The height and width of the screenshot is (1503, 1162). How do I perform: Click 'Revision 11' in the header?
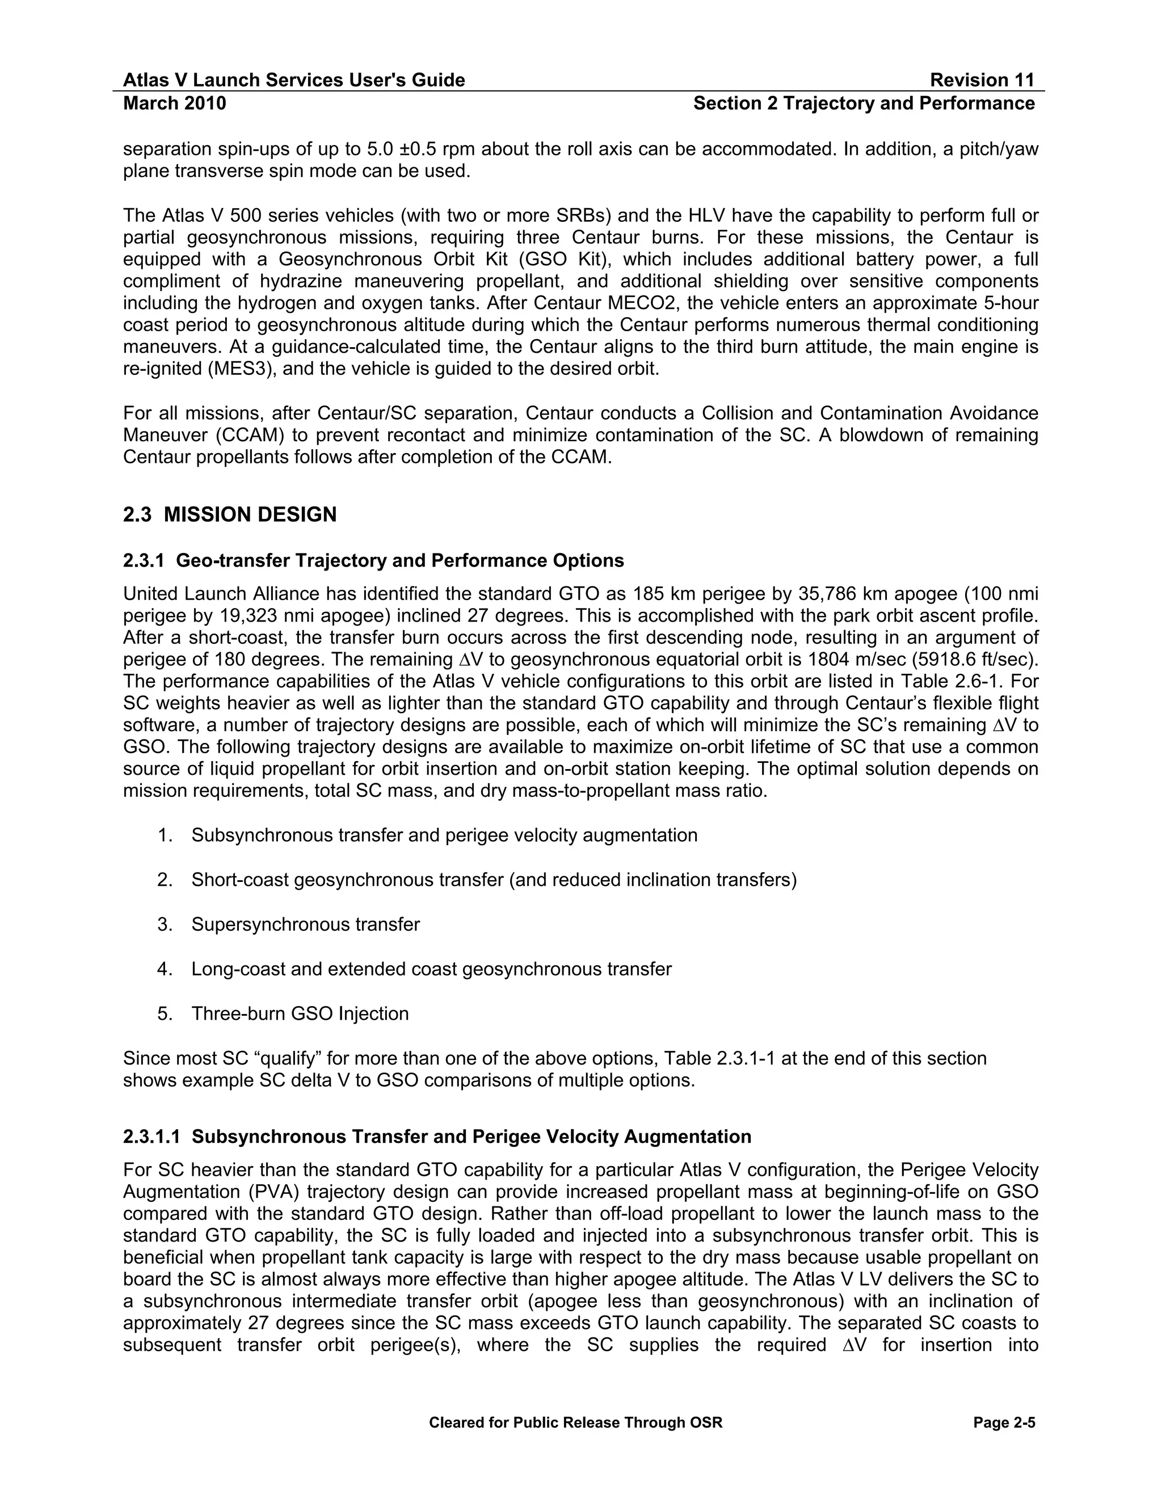coord(982,80)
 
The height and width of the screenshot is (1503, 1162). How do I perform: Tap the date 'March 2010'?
coord(174,103)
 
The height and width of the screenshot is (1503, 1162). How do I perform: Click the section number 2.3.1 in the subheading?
coord(143,560)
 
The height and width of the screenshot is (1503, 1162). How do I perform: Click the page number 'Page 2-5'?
coord(1004,1422)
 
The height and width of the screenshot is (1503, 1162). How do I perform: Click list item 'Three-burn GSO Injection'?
coord(300,1013)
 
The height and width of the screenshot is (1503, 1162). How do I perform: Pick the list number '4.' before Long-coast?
coord(165,969)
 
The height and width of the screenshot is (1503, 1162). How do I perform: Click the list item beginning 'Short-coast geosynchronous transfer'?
coord(494,880)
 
